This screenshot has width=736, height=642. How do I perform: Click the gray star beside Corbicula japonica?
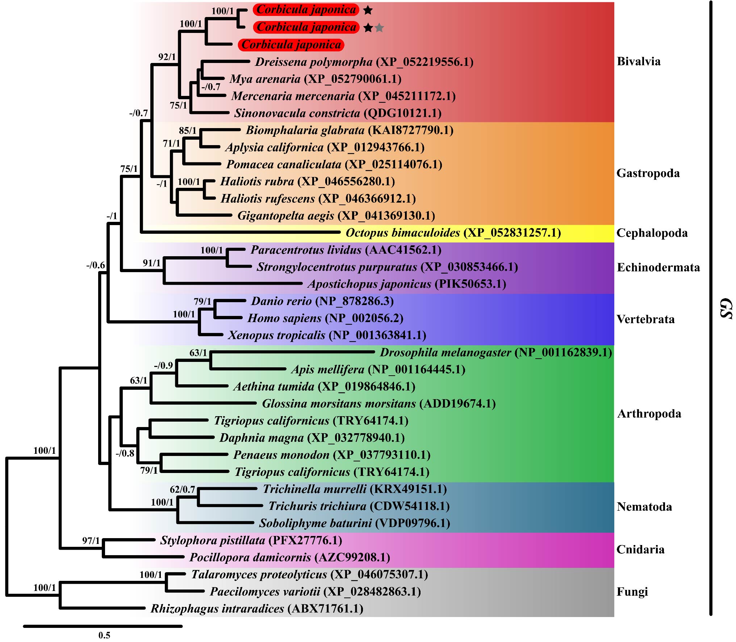pos(379,28)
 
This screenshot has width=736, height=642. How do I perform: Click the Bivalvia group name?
pos(639,61)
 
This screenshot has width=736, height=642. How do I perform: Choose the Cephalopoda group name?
pos(652,233)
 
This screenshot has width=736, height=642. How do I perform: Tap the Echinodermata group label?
pos(658,267)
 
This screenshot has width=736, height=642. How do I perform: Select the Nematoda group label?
pos(644,507)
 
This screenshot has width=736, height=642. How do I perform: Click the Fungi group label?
pos(632,592)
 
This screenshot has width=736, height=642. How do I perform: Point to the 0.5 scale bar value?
pos(104,635)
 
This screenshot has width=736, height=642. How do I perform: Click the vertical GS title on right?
pos(726,308)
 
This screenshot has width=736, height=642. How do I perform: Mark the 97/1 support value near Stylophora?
pos(91,541)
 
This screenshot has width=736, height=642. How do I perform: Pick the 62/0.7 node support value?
pos(183,490)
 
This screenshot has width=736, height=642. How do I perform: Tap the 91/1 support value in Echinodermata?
pos(152,263)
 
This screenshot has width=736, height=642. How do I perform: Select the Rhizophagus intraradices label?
pos(257,609)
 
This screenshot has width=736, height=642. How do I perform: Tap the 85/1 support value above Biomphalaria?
pos(188,131)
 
